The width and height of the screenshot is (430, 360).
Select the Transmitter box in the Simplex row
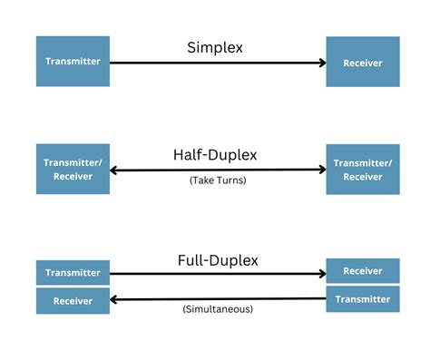[73, 62]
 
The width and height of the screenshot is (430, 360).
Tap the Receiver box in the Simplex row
[363, 62]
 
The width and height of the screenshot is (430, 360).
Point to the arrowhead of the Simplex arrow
[321, 63]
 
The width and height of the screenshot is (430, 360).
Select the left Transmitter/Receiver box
[73, 169]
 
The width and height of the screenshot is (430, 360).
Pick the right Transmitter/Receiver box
[363, 169]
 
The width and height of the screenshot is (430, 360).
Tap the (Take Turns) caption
[218, 180]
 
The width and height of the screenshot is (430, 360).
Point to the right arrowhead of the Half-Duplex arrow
[321, 170]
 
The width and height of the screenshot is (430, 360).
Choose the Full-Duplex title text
[218, 260]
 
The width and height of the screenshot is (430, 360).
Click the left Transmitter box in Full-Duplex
[73, 273]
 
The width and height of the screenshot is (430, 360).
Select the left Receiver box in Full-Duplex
[73, 300]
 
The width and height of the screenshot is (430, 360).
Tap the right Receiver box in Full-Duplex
[363, 270]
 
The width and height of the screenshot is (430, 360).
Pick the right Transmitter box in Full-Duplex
[363, 298]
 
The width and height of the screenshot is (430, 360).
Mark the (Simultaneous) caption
[218, 309]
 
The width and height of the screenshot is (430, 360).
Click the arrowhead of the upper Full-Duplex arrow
[321, 273]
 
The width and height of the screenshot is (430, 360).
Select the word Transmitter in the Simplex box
[73, 62]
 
